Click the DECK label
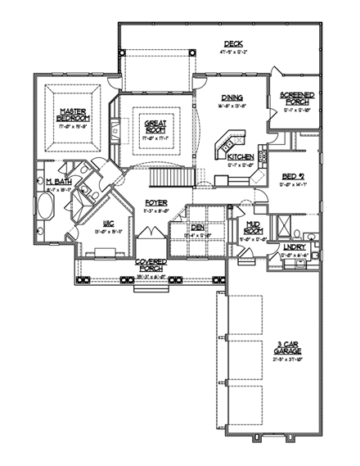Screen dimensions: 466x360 [x=235, y=44]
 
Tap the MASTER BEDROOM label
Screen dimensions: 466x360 [x=74, y=114]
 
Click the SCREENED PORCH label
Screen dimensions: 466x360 [x=296, y=98]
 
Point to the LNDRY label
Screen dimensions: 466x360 [x=294, y=247]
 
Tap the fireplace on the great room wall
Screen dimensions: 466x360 [x=115, y=128]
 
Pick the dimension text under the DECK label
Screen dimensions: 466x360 [x=235, y=52]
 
